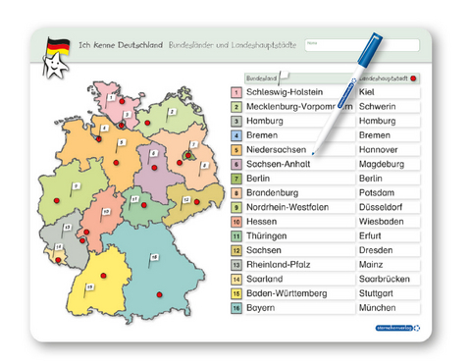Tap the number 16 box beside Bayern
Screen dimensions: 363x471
tap(236, 307)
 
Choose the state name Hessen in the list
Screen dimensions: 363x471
tap(261, 222)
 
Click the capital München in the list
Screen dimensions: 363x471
tap(379, 307)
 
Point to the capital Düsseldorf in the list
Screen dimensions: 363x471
tap(383, 207)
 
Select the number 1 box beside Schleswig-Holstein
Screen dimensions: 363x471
tap(236, 92)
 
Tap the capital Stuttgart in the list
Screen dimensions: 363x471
tap(379, 292)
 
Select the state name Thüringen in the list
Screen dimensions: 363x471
tap(268, 235)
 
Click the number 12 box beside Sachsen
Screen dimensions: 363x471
tap(236, 250)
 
